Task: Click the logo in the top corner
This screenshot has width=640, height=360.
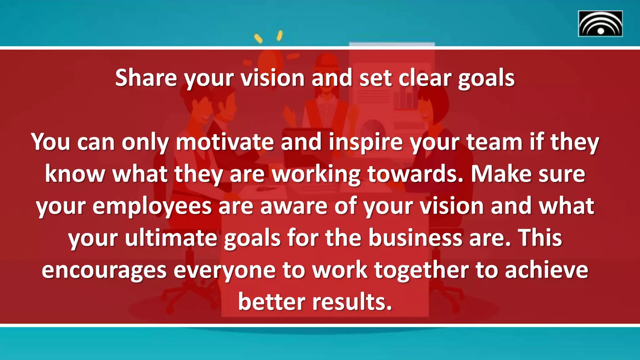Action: coord(600,24)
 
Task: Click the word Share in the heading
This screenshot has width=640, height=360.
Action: coord(146,78)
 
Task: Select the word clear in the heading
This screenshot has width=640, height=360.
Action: coord(425,78)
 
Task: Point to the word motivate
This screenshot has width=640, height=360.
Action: coord(225,142)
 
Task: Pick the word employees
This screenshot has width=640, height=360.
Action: coord(152,207)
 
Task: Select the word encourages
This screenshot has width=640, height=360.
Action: coord(104,271)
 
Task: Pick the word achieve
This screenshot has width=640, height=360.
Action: coord(547,271)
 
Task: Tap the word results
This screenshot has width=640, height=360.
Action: coord(352,302)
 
